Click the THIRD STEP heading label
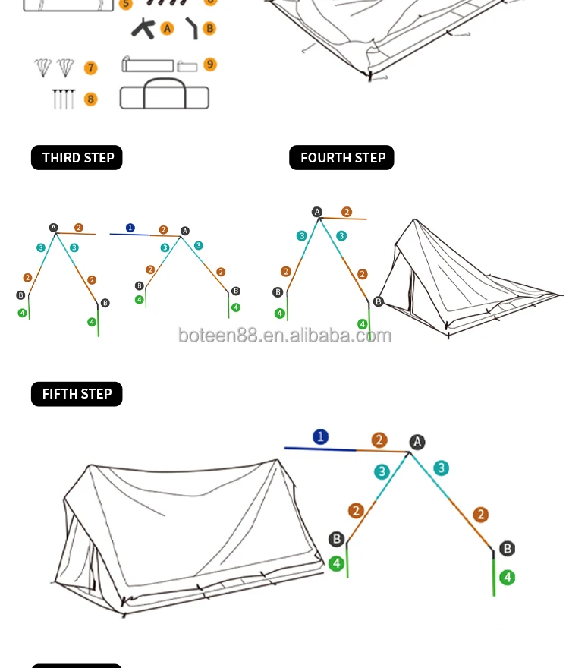[77, 158]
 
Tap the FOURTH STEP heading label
[341, 158]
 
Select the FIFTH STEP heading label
[77, 394]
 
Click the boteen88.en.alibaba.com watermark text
[284, 336]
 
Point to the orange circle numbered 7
[91, 68]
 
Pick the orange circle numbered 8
[91, 99]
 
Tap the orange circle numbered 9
[210, 65]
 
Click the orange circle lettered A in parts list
[168, 29]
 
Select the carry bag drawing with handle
[164, 93]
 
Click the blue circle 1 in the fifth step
[321, 436]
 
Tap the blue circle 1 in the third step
[130, 227]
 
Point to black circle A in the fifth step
[417, 442]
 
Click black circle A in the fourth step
[317, 212]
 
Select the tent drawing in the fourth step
[467, 277]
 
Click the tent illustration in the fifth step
[190, 531]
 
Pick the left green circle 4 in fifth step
[336, 564]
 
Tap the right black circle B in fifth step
[508, 548]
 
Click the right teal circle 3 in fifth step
[441, 468]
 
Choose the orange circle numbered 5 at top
[126, 3]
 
